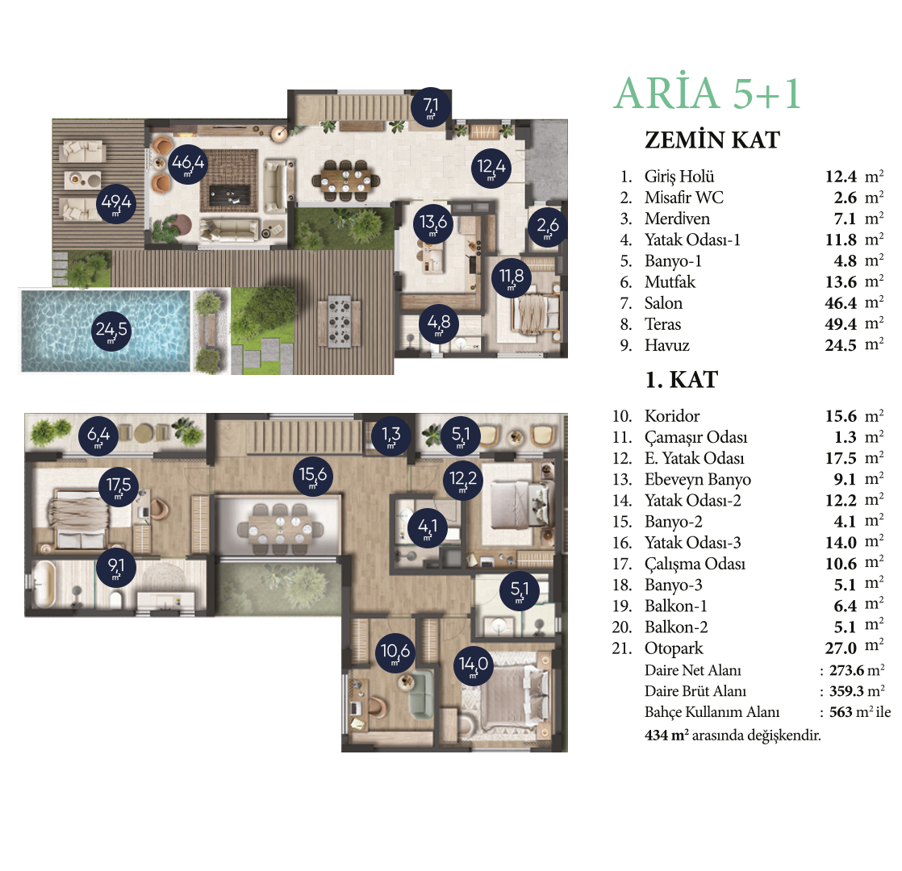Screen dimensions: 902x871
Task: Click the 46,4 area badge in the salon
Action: click(187, 164)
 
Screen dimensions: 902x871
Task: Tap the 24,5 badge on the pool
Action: click(111, 330)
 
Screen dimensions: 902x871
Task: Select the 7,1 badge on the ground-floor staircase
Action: click(430, 106)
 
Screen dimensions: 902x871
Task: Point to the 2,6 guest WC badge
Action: click(547, 227)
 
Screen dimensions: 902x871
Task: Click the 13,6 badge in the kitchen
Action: click(432, 223)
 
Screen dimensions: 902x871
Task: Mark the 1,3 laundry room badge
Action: click(390, 435)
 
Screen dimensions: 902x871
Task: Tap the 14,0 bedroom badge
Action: click(473, 665)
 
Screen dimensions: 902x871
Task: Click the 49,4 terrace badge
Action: click(115, 203)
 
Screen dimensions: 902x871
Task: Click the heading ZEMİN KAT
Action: click(712, 140)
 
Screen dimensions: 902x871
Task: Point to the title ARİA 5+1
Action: click(708, 93)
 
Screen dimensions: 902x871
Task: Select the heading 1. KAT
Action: click(682, 379)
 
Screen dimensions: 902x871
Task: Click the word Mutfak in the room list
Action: click(670, 281)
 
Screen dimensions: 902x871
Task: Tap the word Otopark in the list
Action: click(674, 648)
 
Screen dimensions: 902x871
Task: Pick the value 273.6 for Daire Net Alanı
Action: click(846, 670)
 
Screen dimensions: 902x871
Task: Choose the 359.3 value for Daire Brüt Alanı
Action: click(846, 691)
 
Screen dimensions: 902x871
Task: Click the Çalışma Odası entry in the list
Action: click(695, 564)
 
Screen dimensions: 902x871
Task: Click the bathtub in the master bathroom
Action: click(43, 584)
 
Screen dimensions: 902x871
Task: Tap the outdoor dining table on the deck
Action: click(339, 321)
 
